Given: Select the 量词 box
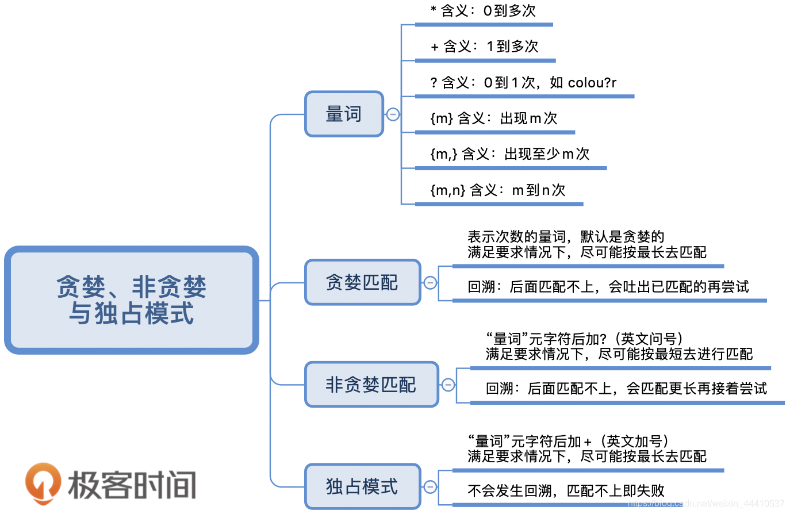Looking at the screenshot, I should tap(344, 114).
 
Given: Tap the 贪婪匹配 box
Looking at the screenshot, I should tap(362, 282).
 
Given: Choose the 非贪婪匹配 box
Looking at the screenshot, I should tap(371, 385).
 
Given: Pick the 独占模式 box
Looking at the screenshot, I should tap(362, 486).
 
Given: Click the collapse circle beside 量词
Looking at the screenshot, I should tap(393, 114).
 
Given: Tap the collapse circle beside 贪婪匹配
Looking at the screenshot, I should tap(430, 282).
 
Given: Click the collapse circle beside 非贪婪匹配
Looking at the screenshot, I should tap(448, 385).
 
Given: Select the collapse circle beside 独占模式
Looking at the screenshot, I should tap(430, 486).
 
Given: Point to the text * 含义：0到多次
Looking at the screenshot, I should tap(483, 11).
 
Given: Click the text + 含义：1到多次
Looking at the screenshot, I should tap(485, 47).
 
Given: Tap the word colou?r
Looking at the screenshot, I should tap(592, 83).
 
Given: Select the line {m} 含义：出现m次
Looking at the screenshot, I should tap(494, 118).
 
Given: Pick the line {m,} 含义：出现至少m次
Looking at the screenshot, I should tap(509, 154).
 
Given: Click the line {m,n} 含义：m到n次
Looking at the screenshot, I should tap(498, 190).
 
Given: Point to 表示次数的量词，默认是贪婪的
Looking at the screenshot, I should tap(566, 236).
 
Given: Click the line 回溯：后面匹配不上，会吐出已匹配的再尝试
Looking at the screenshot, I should tap(608, 287).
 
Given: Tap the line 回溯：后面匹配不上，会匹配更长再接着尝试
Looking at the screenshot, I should tap(626, 389).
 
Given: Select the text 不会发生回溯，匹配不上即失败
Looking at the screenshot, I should tap(566, 491).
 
